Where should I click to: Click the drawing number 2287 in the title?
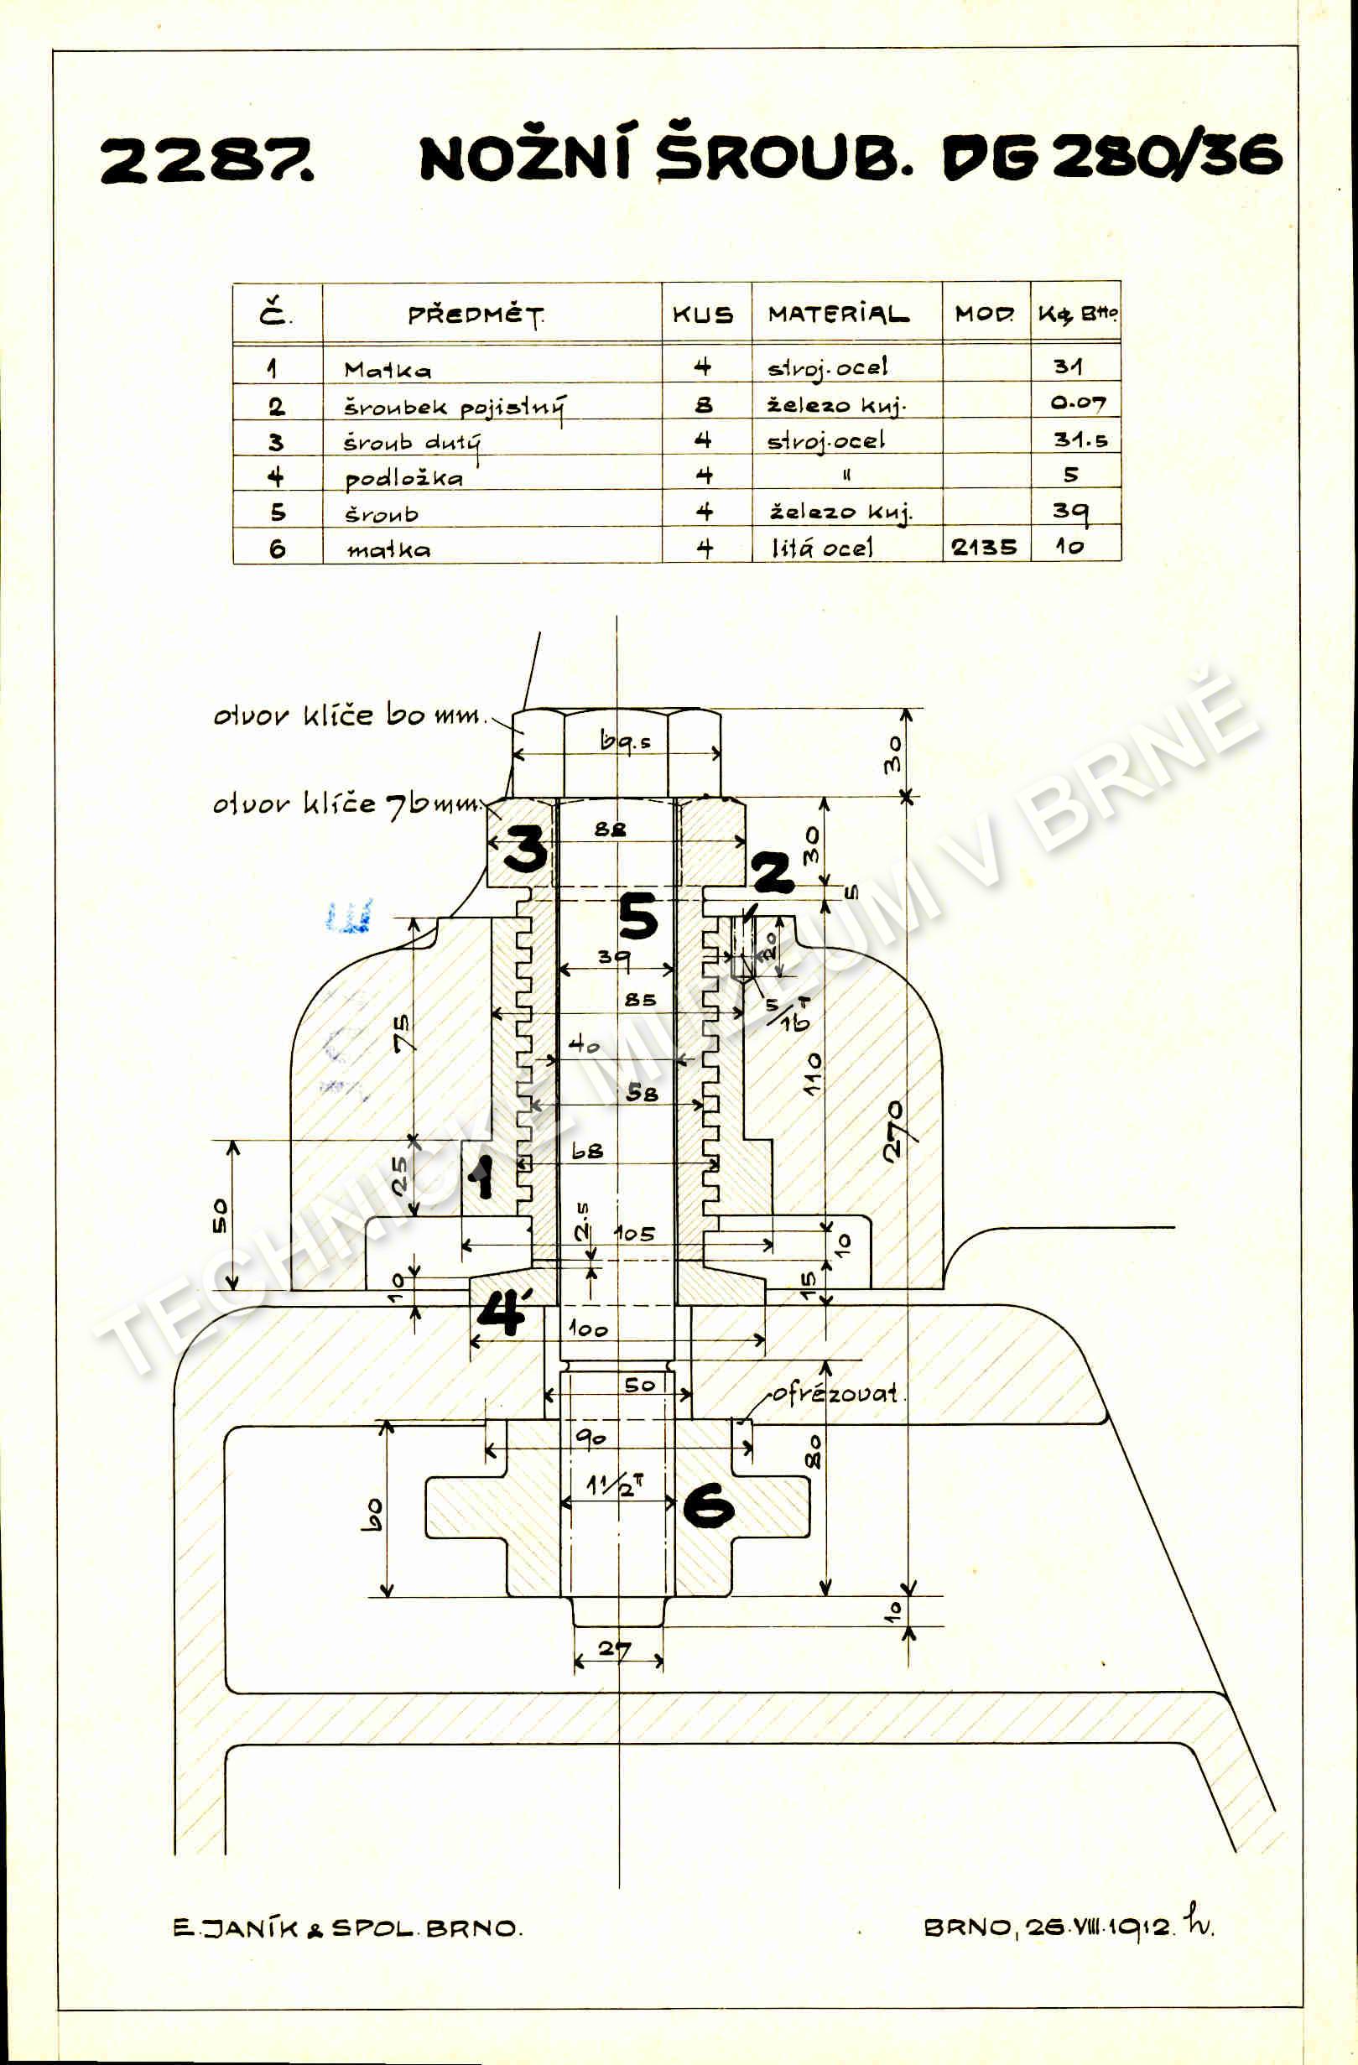(x=206, y=160)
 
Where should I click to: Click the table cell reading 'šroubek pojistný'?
(x=455, y=406)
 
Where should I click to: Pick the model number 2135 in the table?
(x=984, y=548)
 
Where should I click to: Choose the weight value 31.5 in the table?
(x=1080, y=440)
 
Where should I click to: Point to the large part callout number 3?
(x=526, y=848)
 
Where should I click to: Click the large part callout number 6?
(x=708, y=1505)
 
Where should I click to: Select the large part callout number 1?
(x=480, y=1178)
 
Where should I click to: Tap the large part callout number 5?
(x=637, y=917)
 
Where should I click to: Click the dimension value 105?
(x=634, y=1233)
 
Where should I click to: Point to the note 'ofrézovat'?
(x=835, y=1393)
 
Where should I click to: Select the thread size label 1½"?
(x=614, y=1485)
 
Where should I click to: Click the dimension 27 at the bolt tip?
(x=614, y=1648)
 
